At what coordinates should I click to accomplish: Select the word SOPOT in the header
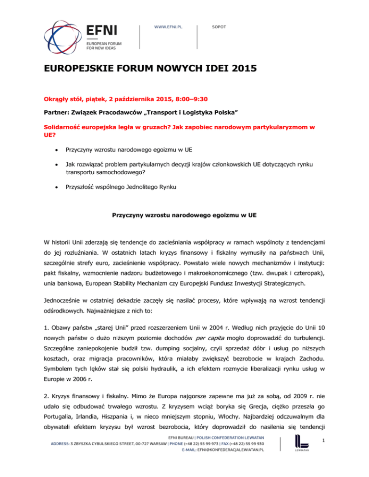point(219,27)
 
